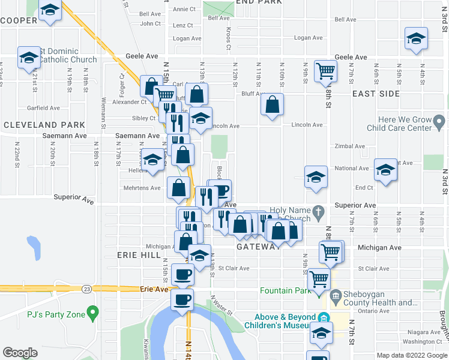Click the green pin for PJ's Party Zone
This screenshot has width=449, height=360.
pos(92,313)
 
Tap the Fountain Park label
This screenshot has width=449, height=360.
pos(285,291)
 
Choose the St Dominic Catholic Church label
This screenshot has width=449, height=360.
pos(67,55)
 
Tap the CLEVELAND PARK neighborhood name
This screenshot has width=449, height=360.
pos(44,125)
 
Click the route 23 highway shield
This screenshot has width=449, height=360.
pos(88,289)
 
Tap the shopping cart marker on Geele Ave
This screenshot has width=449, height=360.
pos(325,71)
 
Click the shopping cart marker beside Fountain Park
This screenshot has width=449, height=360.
pos(319,278)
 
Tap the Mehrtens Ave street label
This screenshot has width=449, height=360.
pos(146,188)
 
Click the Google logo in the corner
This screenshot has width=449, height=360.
pos(20,353)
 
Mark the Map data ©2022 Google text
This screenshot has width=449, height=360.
pos(411,355)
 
